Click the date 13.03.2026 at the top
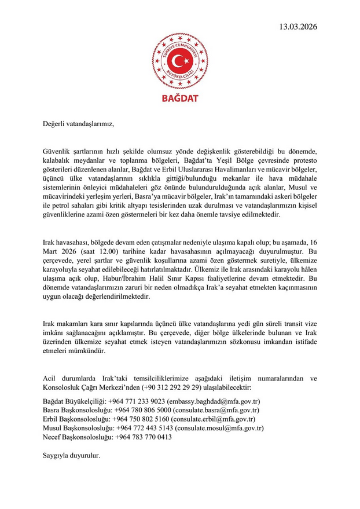(x=297, y=27)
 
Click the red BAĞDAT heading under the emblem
(x=180, y=98)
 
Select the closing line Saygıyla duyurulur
(x=72, y=455)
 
